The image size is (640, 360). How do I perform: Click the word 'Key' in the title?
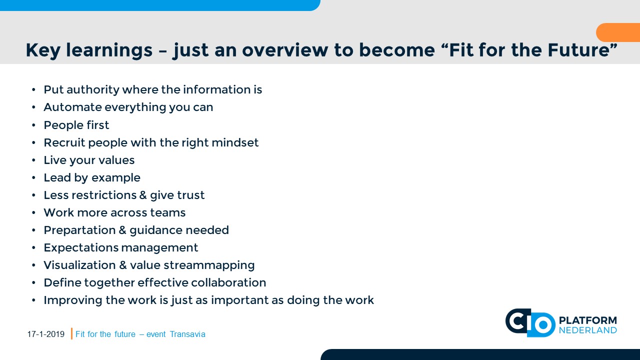click(x=43, y=50)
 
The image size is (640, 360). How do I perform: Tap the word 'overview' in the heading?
click(x=285, y=50)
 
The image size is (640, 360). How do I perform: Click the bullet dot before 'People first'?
click(x=33, y=125)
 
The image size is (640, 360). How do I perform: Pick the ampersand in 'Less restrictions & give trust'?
click(x=143, y=195)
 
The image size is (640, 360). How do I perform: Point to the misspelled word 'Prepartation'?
click(x=79, y=230)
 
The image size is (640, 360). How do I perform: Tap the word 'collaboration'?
click(x=228, y=283)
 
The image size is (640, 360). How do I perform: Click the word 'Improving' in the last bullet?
click(x=73, y=300)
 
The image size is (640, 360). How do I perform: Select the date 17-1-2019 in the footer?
click(x=46, y=334)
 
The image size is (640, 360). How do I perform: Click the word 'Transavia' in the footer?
click(x=187, y=334)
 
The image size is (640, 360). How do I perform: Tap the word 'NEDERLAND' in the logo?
click(x=587, y=330)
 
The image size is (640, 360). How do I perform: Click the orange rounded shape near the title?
click(x=618, y=32)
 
